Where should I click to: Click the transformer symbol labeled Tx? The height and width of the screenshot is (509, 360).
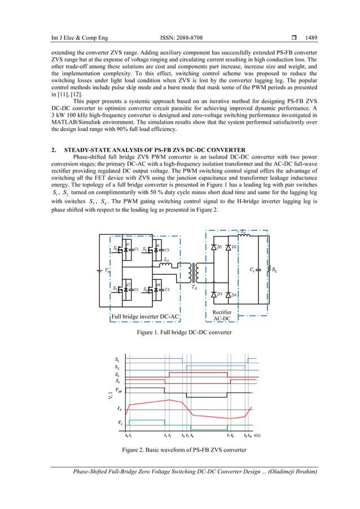point(197,273)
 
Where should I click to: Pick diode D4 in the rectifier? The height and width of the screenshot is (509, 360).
point(229,295)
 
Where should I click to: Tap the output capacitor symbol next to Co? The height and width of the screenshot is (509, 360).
point(258,270)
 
